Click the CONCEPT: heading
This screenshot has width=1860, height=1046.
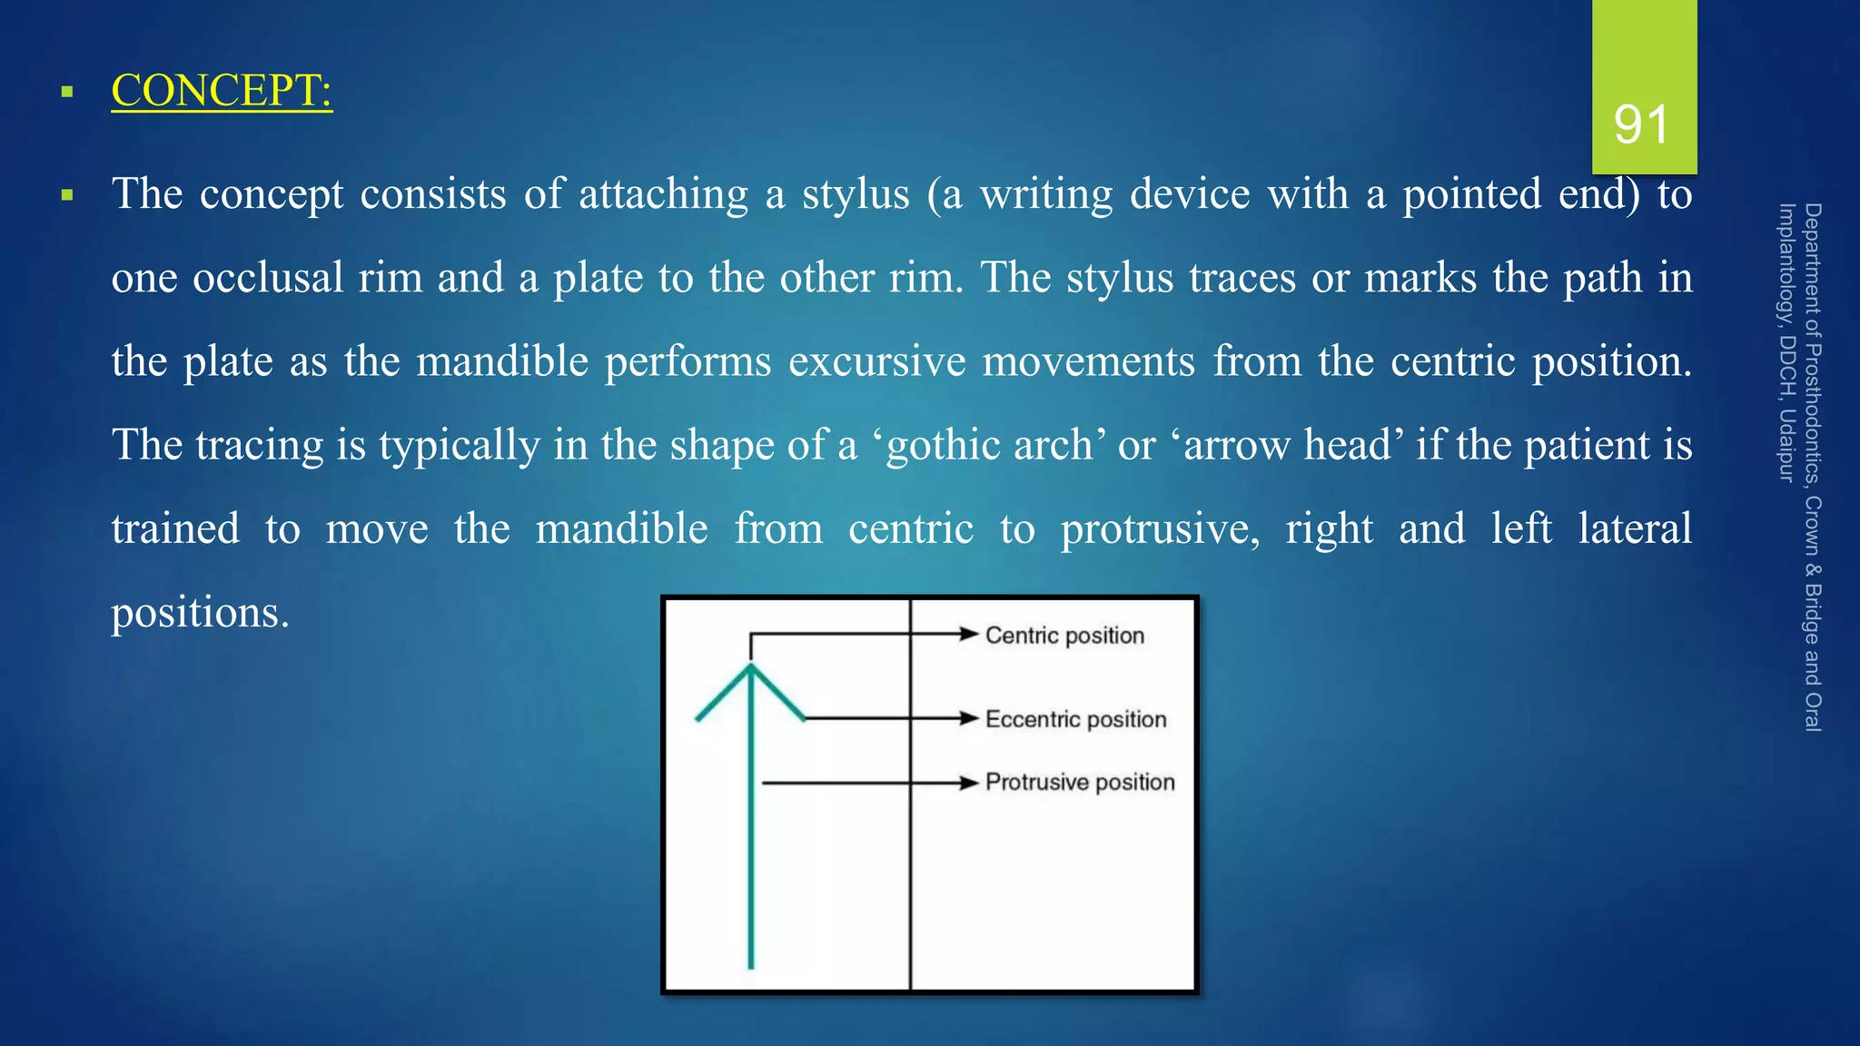point(222,91)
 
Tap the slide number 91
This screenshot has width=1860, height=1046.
point(1641,124)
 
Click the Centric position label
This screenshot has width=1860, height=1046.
point(1064,636)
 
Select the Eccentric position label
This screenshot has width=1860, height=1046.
point(1075,719)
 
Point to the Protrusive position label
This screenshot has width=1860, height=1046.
point(1080,782)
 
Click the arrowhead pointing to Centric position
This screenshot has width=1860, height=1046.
point(969,634)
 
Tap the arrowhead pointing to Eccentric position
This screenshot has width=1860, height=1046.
point(969,718)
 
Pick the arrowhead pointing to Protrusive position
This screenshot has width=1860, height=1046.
point(969,782)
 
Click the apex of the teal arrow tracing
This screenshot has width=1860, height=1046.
point(750,666)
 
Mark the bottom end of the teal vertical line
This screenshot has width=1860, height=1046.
point(750,966)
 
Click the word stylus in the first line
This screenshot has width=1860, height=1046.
point(855,194)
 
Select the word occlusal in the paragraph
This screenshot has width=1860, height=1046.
point(268,278)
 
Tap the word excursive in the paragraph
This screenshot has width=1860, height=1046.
point(876,361)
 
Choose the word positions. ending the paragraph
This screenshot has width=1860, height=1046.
point(200,612)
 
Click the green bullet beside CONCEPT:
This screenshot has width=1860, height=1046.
point(66,92)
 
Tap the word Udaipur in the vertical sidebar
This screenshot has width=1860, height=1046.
point(1786,445)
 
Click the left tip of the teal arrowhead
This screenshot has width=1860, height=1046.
point(697,719)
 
